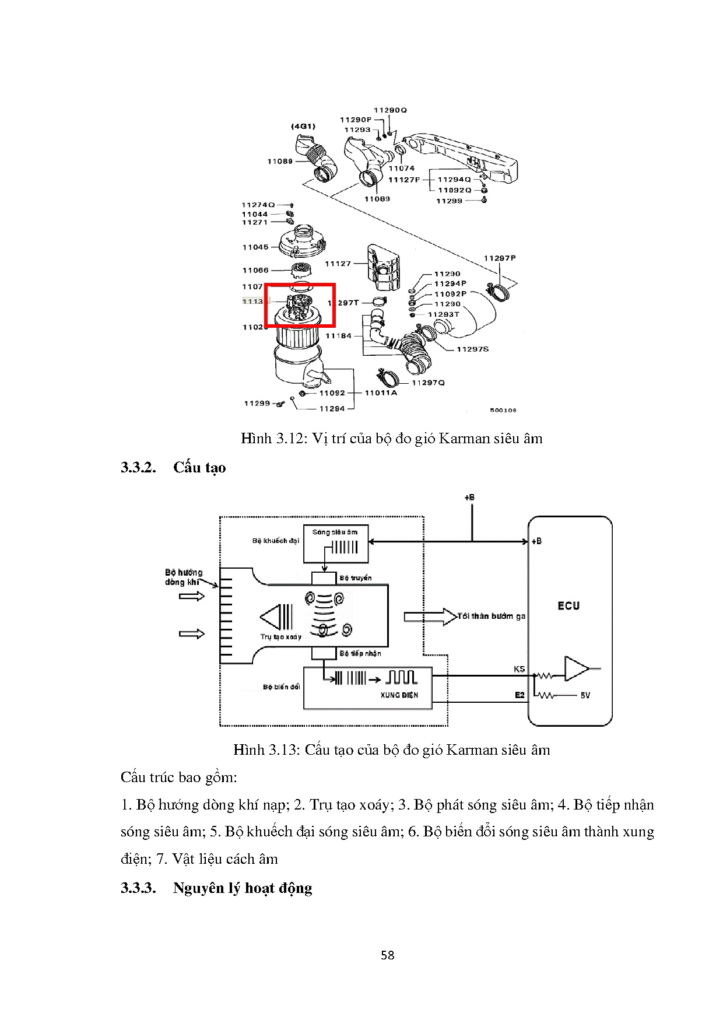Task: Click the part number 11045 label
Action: [255, 247]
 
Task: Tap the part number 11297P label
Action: [500, 258]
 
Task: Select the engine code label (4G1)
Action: [303, 126]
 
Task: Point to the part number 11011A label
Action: [381, 393]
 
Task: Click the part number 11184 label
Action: [338, 336]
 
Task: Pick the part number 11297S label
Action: [472, 349]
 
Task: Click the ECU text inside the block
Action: [568, 605]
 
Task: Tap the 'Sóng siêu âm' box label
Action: [335, 532]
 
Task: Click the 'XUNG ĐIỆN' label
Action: [399, 695]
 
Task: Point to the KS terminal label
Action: [519, 669]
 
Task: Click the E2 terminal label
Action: [520, 695]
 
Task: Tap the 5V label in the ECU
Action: [585, 695]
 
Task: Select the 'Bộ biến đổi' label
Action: [281, 687]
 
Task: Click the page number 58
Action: [388, 955]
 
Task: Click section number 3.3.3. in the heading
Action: [139, 888]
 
